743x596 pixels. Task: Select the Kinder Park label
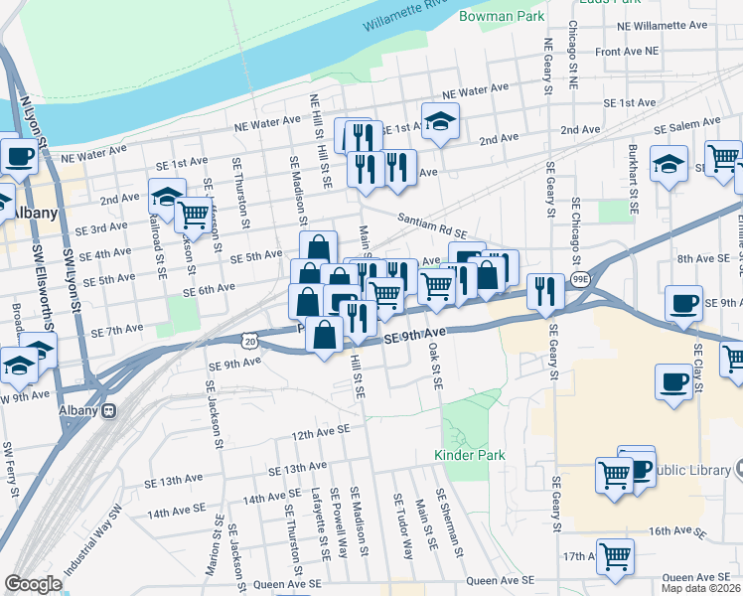point(470,455)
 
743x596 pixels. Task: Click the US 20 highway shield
point(247,340)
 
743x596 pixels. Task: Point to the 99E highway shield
point(580,281)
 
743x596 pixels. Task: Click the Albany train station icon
point(109,410)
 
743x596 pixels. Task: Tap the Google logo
point(33,583)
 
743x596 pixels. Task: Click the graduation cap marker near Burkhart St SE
point(669,163)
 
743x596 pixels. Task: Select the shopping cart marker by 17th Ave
point(615,556)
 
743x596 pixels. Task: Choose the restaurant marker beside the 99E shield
point(544,290)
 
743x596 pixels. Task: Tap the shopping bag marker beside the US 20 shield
point(325,335)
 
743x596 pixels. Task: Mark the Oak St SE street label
point(434,368)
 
